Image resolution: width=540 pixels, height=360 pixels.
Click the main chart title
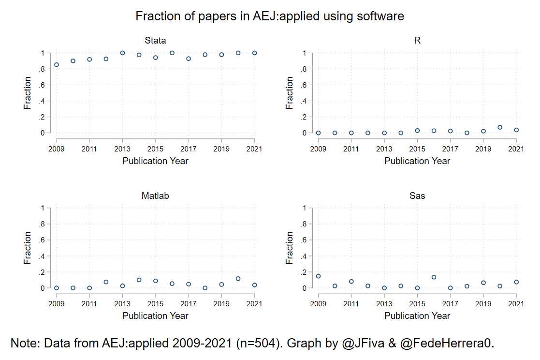point(270,16)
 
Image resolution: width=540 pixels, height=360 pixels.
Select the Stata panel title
point(155,41)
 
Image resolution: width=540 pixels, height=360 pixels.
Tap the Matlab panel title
point(155,196)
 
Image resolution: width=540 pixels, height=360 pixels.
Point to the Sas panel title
point(417,196)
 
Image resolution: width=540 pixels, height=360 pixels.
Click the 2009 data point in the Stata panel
point(57,65)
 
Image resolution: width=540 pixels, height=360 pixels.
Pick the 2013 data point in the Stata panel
point(123,53)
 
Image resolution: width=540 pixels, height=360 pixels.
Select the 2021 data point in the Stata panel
point(255,53)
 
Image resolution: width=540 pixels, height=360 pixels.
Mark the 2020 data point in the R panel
point(500,128)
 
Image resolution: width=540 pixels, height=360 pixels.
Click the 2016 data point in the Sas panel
point(434,277)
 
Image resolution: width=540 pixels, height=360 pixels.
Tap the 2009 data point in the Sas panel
point(319,276)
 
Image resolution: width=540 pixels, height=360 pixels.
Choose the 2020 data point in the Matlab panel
point(238,279)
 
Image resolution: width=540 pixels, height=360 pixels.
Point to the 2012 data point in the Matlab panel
point(106,282)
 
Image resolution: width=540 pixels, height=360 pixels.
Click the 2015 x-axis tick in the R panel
point(417,149)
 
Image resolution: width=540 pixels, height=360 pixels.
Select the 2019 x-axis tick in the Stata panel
point(221,149)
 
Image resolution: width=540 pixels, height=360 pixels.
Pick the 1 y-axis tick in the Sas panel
point(305,209)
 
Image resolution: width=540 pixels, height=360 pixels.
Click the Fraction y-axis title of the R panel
point(290,93)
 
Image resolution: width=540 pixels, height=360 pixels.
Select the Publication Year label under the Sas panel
point(417,316)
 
